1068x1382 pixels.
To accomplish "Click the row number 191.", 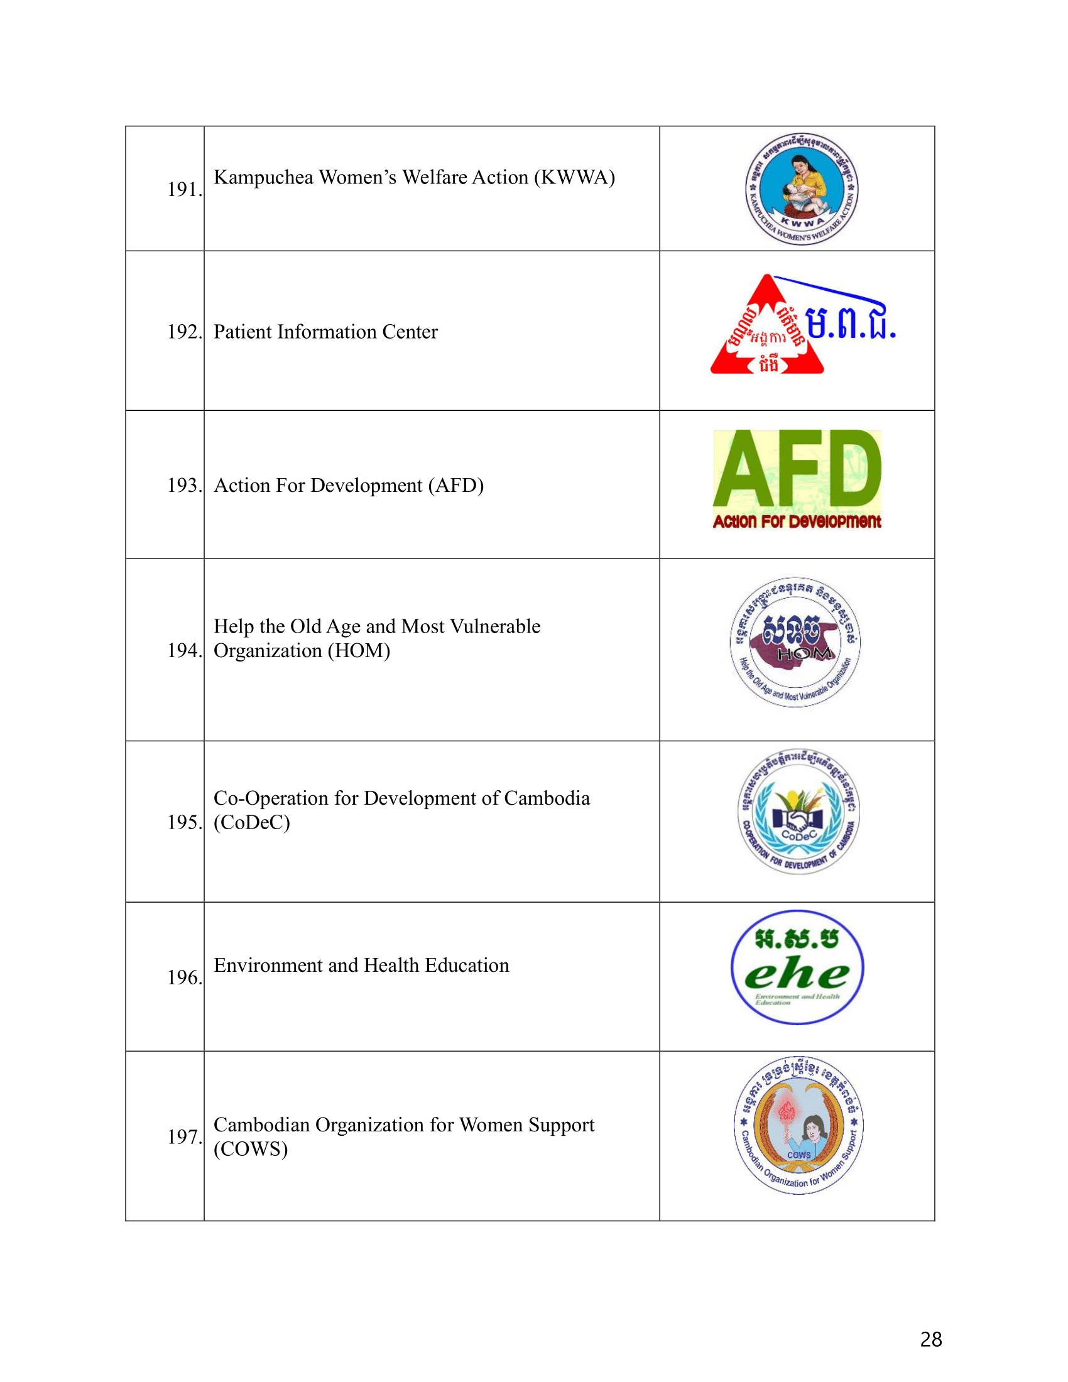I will [x=184, y=189].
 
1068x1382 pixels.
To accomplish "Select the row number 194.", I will [x=184, y=650].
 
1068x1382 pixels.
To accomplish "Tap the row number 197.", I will [x=184, y=1136].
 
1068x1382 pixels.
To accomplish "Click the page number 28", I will [x=930, y=1339].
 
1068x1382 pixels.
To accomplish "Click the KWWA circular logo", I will [x=802, y=188].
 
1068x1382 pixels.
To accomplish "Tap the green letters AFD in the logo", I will [x=797, y=469].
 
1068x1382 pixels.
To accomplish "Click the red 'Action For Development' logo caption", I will [x=797, y=521].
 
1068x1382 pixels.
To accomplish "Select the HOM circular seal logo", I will [x=795, y=641].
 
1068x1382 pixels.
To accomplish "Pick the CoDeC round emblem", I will [x=799, y=812].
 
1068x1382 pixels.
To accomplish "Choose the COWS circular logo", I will [x=798, y=1126].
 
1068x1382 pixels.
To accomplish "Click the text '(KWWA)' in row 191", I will [x=574, y=177].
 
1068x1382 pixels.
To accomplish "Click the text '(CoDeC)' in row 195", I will [x=252, y=822].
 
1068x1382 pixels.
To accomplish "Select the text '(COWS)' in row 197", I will [x=251, y=1148].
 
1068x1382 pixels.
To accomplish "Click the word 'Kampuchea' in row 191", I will [x=263, y=177].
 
